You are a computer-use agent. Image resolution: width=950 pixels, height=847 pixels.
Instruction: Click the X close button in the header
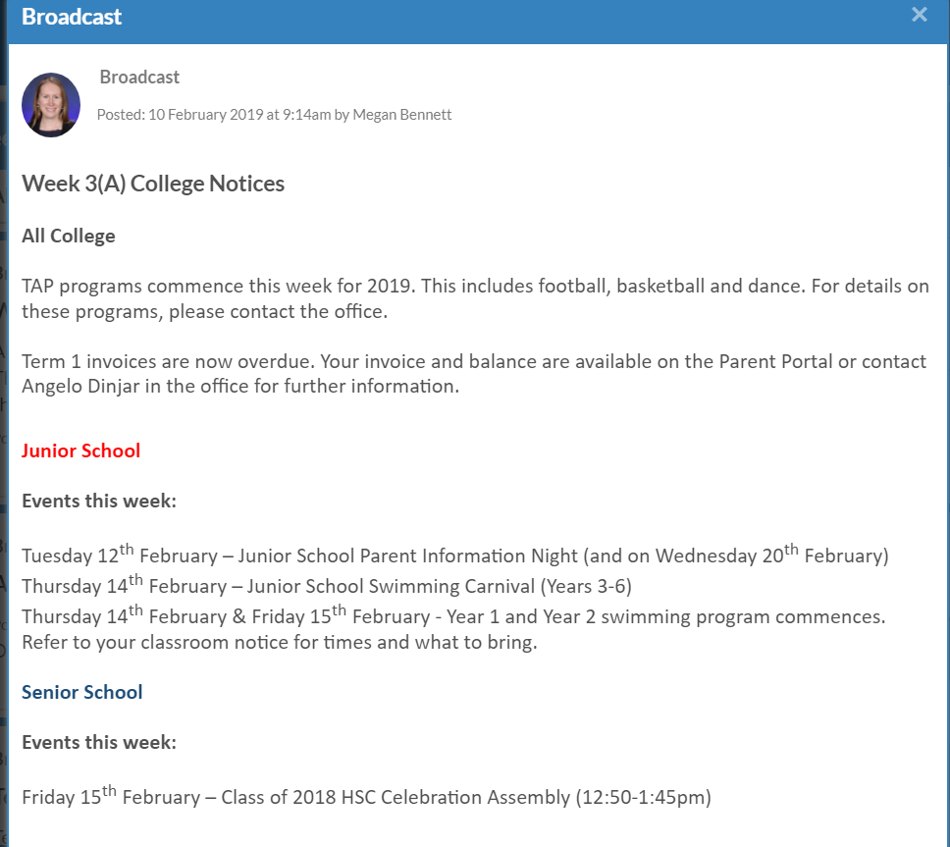click(x=919, y=15)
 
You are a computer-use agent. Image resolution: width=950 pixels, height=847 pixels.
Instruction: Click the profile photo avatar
click(x=51, y=105)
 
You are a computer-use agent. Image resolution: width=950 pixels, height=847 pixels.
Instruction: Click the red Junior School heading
click(x=80, y=451)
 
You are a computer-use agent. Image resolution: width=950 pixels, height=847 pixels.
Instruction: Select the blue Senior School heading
click(x=81, y=693)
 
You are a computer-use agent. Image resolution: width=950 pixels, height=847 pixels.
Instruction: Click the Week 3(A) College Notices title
click(x=153, y=184)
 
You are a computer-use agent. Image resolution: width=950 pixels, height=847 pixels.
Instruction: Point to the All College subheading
click(x=69, y=237)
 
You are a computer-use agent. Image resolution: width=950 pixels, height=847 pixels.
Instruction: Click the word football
click(x=570, y=287)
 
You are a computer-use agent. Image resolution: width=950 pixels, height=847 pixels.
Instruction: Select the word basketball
click(x=667, y=287)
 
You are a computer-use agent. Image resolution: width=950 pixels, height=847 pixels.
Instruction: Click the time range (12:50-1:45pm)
click(x=641, y=797)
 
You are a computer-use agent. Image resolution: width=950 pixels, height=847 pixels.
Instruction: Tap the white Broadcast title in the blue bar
click(x=72, y=17)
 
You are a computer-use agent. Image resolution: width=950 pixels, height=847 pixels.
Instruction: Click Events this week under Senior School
click(x=99, y=743)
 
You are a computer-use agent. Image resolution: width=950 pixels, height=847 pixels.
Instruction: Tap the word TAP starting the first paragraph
click(x=39, y=287)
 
